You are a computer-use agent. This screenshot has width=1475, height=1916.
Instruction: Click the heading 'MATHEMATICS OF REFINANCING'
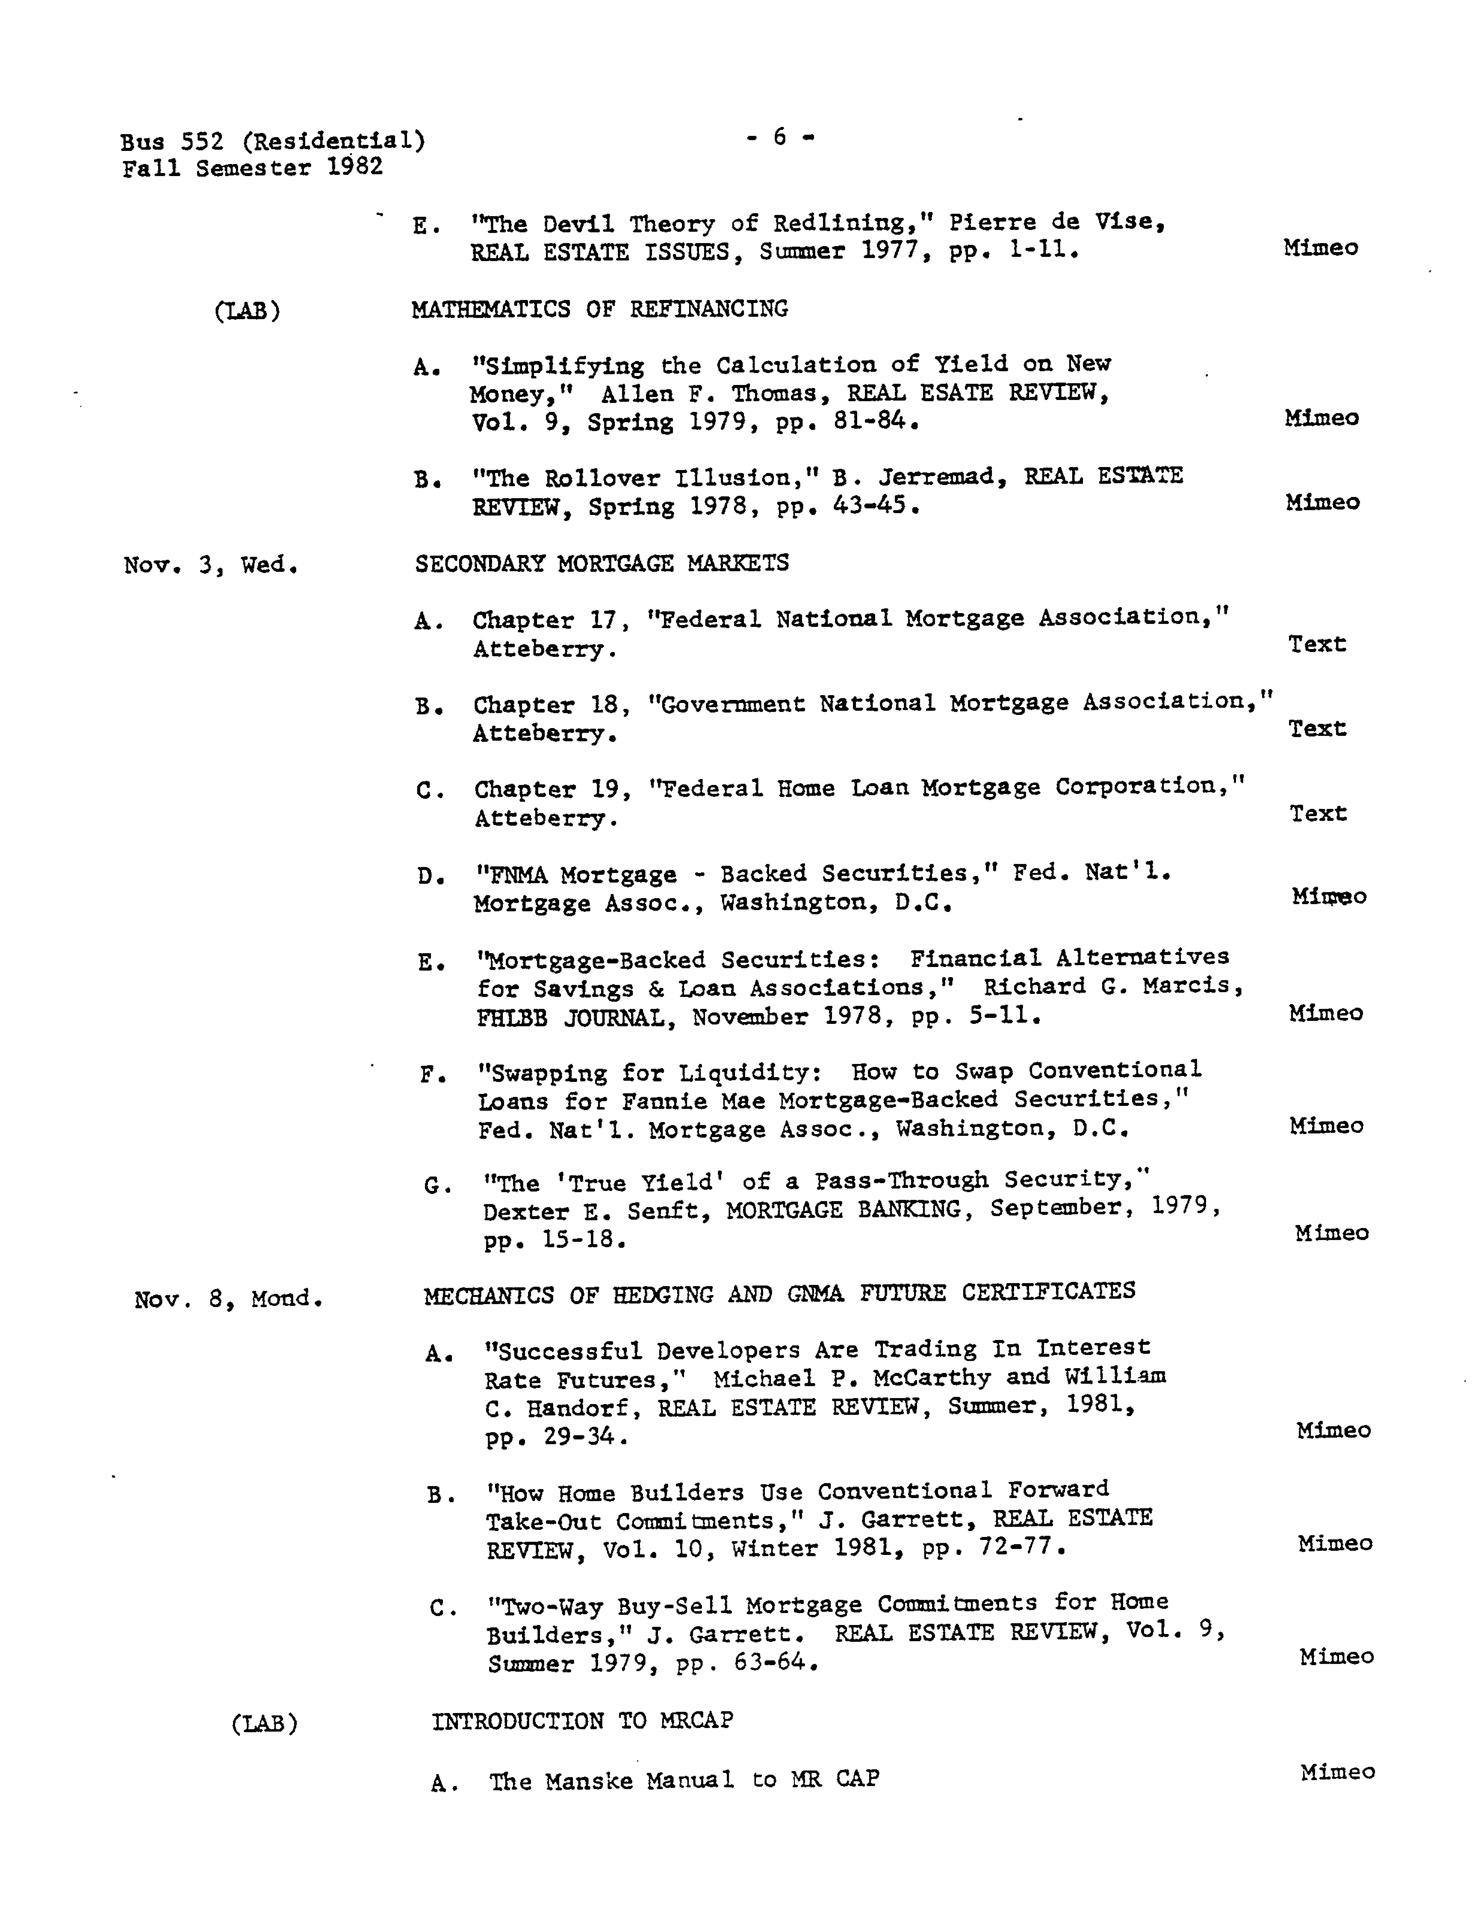tap(599, 309)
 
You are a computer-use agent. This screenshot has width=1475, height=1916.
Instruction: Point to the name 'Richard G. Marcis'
tap(1113, 986)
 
